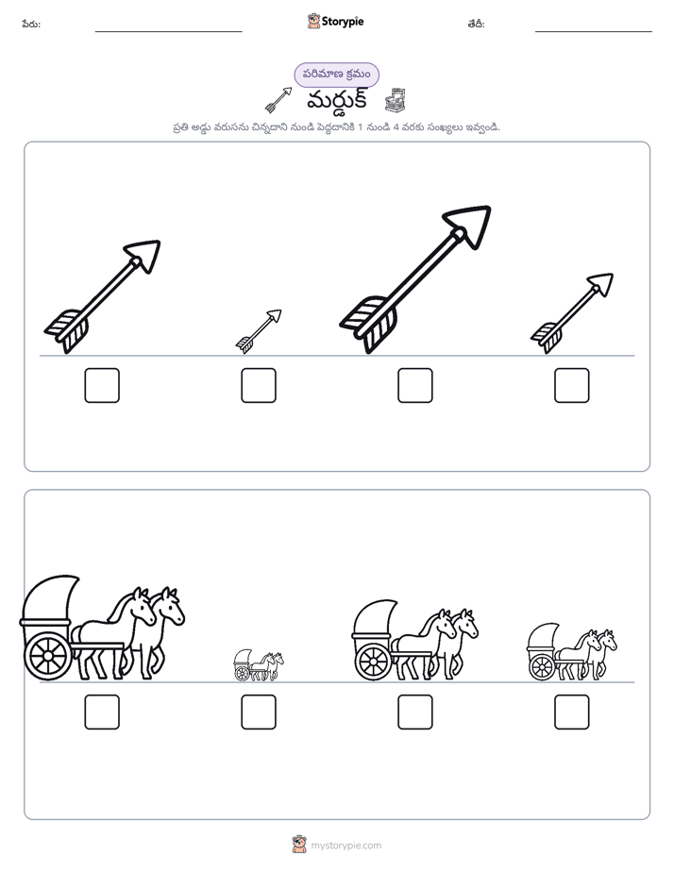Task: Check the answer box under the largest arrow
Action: (414, 385)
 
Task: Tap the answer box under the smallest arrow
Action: (259, 385)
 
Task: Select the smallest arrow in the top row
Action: (259, 331)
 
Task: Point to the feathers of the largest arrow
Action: (368, 323)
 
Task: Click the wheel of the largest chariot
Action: (48, 656)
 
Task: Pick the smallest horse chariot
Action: (259, 665)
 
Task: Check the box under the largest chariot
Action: (102, 712)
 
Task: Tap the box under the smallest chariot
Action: (259, 712)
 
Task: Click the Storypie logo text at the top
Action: (343, 21)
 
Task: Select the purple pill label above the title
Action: (336, 75)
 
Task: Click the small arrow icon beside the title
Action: (278, 100)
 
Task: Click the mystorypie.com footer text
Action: (345, 846)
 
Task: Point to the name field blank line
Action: (168, 32)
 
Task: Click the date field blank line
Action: (594, 32)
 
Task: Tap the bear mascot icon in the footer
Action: (299, 845)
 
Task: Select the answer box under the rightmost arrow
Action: (572, 385)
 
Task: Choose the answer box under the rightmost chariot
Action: (572, 712)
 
